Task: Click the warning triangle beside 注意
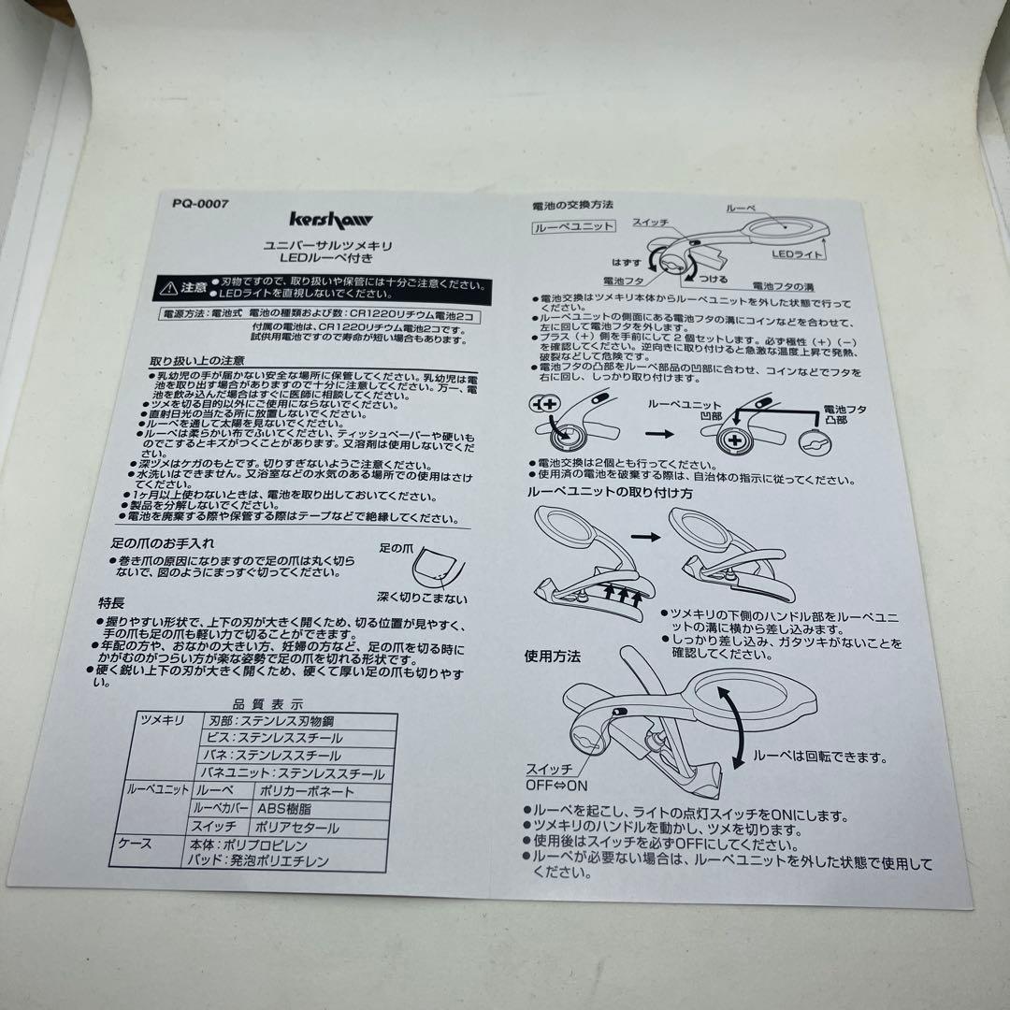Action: [167, 286]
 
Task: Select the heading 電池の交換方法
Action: [571, 204]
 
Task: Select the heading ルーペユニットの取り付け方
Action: [608, 492]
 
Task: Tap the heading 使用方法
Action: [552, 657]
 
